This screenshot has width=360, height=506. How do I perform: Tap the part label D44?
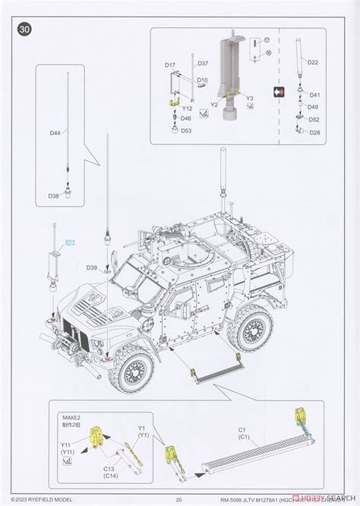pyautogui.click(x=55, y=133)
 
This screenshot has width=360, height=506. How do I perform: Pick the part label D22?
pyautogui.click(x=314, y=62)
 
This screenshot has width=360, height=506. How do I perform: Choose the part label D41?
pyautogui.click(x=314, y=95)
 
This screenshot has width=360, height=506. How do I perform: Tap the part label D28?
pyautogui.click(x=314, y=133)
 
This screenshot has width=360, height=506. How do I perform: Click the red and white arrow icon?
pyautogui.click(x=280, y=91)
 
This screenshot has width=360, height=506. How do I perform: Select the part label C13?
pyautogui.click(x=109, y=470)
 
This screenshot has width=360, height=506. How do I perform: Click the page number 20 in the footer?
pyautogui.click(x=178, y=499)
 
